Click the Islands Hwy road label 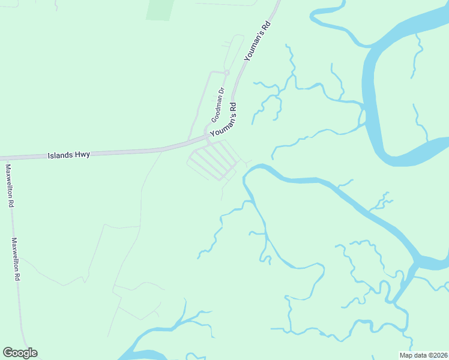(x=68, y=155)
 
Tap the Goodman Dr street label (x=217, y=105)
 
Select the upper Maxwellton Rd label (x=10, y=186)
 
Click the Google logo (x=20, y=353)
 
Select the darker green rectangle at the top (x=160, y=10)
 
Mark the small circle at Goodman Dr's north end (x=227, y=73)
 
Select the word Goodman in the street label (x=216, y=109)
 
